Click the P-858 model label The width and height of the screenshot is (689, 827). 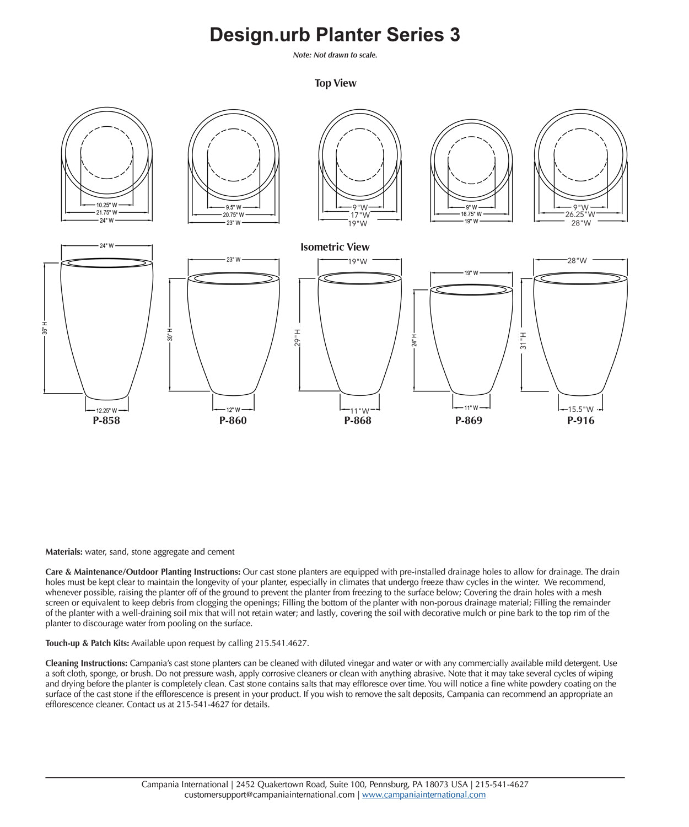106,421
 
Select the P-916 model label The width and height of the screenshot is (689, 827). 581,421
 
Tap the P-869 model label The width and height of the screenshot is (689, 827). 469,421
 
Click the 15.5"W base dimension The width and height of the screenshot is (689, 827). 581,410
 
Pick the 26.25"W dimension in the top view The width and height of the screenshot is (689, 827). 581,214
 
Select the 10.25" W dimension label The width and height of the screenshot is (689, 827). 106,205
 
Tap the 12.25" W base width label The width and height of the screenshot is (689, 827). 106,411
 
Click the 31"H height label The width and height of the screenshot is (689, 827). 524,340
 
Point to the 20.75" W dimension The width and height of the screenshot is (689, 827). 233,215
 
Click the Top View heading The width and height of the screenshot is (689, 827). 335,83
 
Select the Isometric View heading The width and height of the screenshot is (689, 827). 335,247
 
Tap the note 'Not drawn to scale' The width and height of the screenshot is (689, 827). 335,55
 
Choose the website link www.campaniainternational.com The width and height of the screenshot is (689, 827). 423,795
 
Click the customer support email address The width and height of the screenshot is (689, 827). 270,795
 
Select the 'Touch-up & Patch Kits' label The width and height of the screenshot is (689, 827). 87,643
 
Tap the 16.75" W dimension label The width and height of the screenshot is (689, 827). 471,214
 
